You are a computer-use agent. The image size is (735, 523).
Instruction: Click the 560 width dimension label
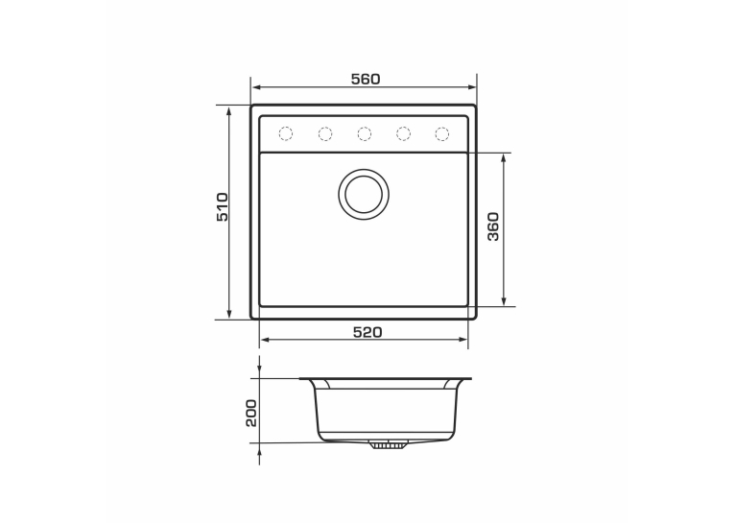(366, 80)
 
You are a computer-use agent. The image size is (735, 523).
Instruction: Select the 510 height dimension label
(223, 206)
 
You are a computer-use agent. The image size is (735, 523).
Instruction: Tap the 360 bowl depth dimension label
(493, 226)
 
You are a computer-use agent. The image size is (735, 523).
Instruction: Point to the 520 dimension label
(367, 332)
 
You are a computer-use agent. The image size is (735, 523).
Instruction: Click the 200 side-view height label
(251, 413)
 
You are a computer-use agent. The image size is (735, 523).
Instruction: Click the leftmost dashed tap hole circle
(286, 134)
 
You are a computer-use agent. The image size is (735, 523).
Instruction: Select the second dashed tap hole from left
(325, 134)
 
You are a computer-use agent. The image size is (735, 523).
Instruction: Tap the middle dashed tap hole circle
(365, 134)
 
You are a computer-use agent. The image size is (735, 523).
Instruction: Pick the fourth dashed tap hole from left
(403, 134)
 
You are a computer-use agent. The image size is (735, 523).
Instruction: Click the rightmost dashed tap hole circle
(442, 134)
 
